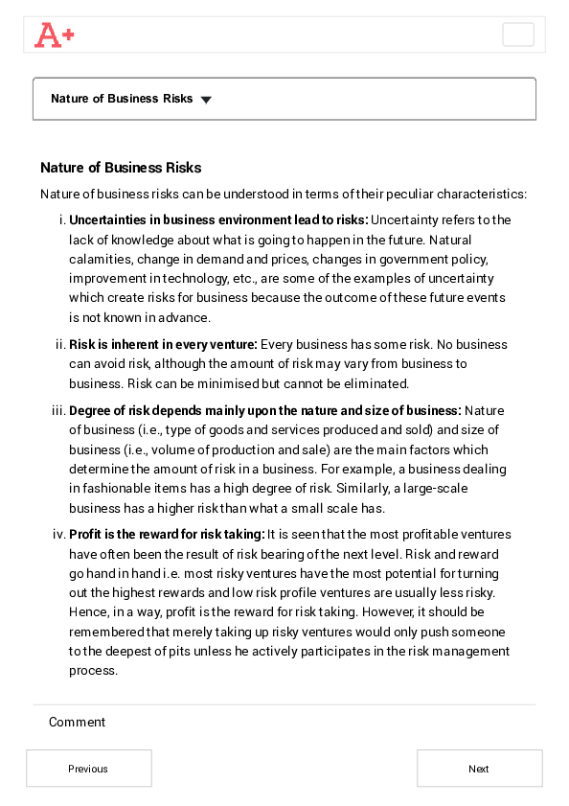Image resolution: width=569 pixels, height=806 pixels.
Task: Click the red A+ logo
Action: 54,35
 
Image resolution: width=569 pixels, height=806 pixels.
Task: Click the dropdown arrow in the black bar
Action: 206,100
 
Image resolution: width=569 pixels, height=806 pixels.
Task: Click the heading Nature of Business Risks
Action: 121,168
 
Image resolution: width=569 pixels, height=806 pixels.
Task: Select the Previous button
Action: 88,769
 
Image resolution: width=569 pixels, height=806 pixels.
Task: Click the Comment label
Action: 77,723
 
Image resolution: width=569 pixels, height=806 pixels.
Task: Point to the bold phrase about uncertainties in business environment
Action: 218,219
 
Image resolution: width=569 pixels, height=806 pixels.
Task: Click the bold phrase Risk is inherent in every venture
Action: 163,344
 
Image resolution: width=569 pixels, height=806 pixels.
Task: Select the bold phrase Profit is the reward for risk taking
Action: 167,535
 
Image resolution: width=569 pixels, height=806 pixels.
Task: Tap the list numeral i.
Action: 62,219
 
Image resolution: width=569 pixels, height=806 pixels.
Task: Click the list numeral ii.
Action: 60,344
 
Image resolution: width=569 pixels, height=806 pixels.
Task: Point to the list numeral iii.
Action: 58,411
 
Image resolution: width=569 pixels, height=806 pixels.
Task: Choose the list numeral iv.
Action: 58,535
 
